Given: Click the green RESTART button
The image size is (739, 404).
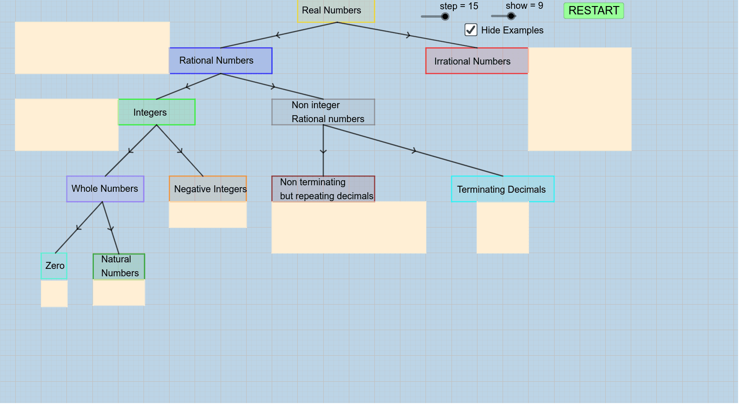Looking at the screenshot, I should [x=593, y=11].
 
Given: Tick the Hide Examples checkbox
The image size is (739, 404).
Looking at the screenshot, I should [x=471, y=30].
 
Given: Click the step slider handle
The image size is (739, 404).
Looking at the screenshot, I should [x=445, y=17].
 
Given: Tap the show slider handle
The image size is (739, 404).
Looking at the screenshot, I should [x=511, y=16].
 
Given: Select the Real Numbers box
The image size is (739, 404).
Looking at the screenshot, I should [x=335, y=11].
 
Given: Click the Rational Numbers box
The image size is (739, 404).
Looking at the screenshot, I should [x=221, y=61].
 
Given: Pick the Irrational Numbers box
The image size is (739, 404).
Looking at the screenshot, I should [x=477, y=61].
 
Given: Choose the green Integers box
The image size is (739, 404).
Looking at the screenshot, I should [x=157, y=112].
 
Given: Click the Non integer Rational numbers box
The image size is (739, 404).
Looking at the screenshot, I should [x=323, y=112].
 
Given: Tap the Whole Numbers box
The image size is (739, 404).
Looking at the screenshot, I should [x=105, y=189].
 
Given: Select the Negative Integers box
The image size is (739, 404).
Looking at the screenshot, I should [x=208, y=189].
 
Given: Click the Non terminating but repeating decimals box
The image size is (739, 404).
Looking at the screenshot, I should [x=323, y=189].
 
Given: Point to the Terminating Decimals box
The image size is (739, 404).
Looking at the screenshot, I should [x=502, y=189].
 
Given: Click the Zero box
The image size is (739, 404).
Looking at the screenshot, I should [x=54, y=266].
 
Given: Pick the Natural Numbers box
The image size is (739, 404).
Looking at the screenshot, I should [x=119, y=267].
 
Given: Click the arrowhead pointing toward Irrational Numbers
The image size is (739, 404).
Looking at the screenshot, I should [x=408, y=35].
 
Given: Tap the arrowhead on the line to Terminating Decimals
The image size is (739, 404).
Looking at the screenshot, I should [x=414, y=150].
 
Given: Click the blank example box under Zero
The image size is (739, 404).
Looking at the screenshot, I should [x=54, y=293].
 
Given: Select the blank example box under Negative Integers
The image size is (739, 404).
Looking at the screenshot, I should [x=208, y=215].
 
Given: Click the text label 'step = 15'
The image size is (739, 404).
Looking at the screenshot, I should [x=458, y=7].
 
